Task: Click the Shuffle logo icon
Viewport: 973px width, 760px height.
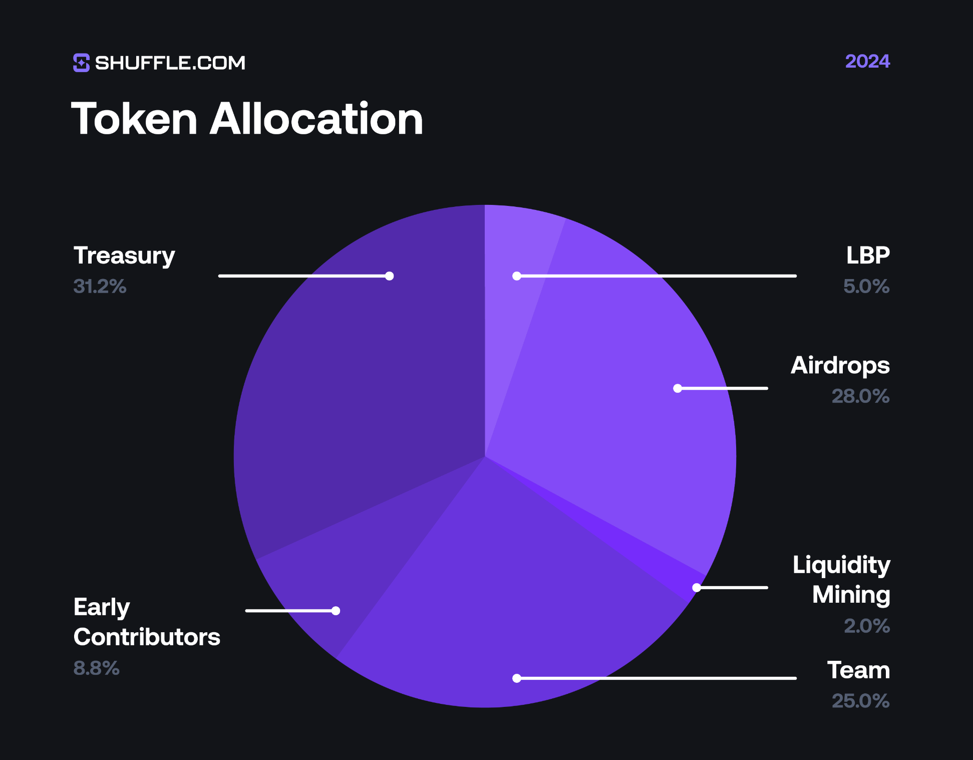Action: click(x=81, y=63)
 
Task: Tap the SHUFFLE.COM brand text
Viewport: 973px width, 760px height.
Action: click(x=170, y=63)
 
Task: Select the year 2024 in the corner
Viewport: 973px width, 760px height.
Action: click(x=867, y=61)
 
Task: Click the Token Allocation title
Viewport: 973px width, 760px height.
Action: click(x=247, y=119)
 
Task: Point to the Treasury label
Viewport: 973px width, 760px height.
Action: click(x=124, y=256)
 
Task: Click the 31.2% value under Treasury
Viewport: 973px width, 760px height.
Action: click(x=100, y=287)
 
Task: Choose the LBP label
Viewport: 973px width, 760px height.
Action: click(x=868, y=256)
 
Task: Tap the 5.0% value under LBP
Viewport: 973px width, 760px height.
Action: click(x=866, y=287)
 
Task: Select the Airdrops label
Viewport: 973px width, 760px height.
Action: click(x=840, y=365)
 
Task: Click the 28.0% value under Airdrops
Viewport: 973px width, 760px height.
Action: click(x=860, y=396)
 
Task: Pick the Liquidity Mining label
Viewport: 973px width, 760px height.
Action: click(x=841, y=580)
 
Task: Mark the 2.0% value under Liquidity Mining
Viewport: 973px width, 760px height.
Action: click(x=867, y=626)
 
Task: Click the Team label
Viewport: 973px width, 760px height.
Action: click(x=858, y=670)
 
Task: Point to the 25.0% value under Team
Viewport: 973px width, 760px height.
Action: click(x=860, y=701)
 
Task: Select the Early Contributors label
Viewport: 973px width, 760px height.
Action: click(x=146, y=622)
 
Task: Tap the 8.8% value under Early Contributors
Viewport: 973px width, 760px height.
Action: click(x=96, y=668)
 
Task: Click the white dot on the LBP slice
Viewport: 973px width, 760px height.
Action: click(x=517, y=276)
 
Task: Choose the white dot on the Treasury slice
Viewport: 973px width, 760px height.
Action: click(x=390, y=276)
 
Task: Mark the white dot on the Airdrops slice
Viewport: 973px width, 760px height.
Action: click(x=678, y=388)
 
